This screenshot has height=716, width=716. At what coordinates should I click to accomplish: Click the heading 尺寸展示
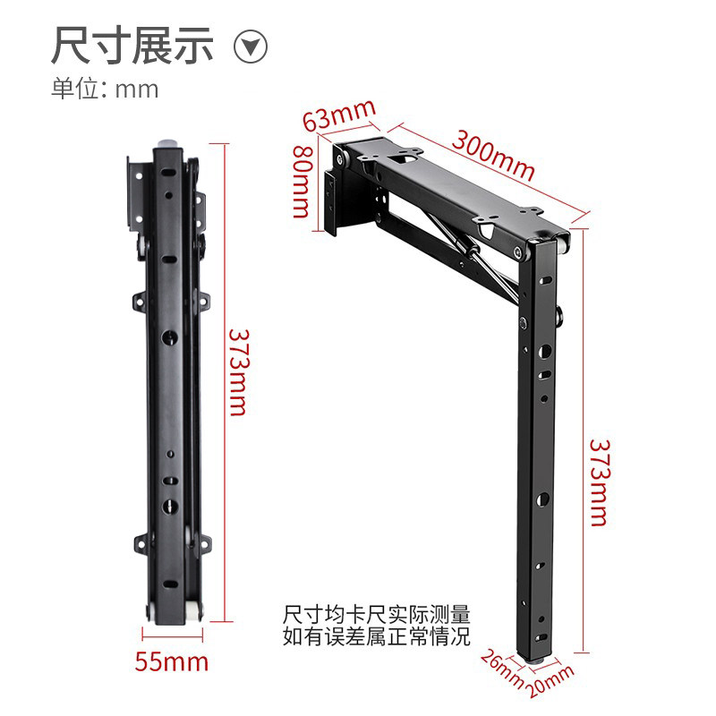point(132,45)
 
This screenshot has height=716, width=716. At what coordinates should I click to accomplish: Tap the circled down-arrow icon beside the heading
point(251,47)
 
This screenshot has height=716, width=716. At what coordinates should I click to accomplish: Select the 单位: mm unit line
point(105,89)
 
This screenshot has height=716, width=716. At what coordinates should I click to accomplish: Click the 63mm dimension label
point(339,115)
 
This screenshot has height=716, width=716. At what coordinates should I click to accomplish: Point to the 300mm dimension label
point(493,155)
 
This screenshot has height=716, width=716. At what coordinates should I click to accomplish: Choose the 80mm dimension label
point(303,182)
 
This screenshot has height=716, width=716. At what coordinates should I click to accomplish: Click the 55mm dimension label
point(171,661)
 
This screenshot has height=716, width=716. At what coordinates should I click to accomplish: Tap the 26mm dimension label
point(502,669)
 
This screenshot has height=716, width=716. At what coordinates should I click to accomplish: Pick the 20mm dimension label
point(550,681)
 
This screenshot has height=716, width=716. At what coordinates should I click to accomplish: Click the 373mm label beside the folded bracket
point(238,372)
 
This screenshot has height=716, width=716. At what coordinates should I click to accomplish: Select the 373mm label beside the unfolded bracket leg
point(600,482)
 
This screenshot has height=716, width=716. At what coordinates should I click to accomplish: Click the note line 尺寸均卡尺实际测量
point(376,615)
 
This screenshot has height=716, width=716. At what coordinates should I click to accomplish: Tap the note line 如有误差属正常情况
point(376,636)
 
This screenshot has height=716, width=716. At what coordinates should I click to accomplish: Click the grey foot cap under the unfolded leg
point(536,660)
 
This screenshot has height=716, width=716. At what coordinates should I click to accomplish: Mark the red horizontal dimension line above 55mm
point(172,635)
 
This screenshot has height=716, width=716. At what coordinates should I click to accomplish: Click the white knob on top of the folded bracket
point(169,143)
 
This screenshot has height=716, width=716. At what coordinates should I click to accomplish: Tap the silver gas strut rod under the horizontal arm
point(475,254)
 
